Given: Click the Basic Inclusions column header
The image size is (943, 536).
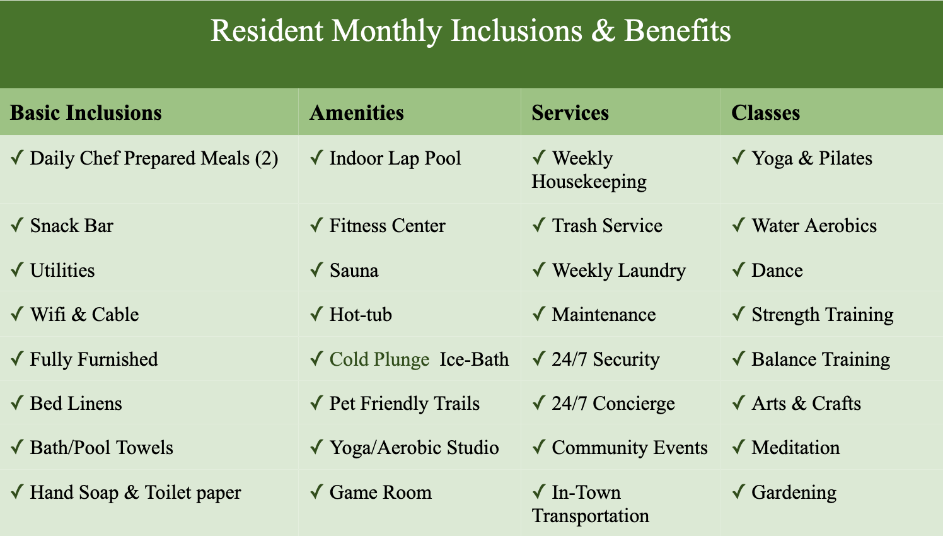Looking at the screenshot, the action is point(86,113).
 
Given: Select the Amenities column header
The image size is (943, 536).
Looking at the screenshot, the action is point(357,113).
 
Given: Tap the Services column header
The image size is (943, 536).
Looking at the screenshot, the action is point(570,113).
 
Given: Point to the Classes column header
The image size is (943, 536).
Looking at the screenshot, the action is point(765,113).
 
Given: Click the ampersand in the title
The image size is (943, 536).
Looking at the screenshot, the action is point(603,31).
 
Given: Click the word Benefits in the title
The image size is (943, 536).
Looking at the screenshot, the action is point(678,31).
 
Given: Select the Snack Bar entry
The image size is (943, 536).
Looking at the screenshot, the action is point(72,226).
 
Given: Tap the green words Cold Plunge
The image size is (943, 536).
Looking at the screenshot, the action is point(379,360).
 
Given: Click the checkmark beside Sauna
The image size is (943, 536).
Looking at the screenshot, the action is point(316,269).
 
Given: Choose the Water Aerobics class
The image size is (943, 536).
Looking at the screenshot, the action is point(814,226).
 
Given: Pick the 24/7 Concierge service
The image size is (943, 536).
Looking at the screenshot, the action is point(613,404).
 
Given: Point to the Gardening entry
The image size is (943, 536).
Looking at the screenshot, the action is point(794,493).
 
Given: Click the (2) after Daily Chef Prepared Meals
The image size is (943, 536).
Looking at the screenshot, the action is point(267,159).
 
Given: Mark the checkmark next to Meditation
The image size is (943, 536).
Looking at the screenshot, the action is point(739,446).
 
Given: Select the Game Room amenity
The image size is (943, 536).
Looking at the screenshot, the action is point(380,492).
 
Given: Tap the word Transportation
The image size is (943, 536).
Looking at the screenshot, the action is point(590,516).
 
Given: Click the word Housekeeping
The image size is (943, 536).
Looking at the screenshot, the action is point(589,182).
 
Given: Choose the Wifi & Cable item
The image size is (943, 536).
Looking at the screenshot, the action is point(84,315).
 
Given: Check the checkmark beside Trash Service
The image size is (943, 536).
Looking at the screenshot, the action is point(539,225).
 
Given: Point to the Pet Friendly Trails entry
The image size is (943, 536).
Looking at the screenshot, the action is point(404,404).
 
